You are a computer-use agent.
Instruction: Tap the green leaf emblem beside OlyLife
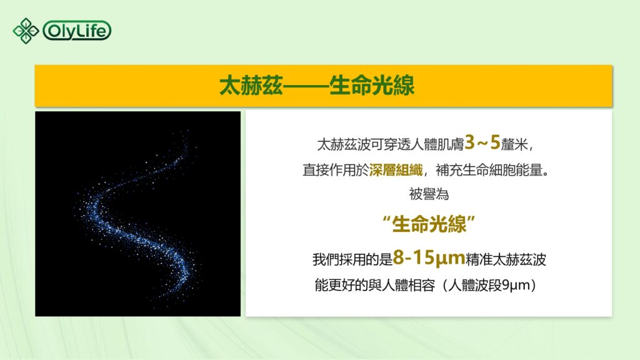(x=26, y=30)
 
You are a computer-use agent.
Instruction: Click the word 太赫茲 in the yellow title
(x=250, y=86)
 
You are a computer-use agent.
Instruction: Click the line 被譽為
(x=429, y=194)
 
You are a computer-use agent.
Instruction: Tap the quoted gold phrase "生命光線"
(x=429, y=224)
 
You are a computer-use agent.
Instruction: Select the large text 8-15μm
(x=429, y=258)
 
